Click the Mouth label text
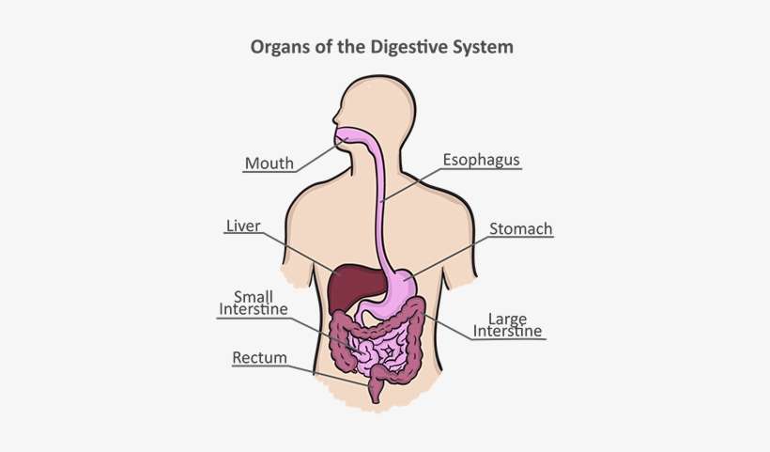[269, 164]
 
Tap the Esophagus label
[481, 161]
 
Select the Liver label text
[242, 226]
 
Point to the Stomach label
[520, 228]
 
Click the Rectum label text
[259, 358]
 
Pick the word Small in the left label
[254, 296]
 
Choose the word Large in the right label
[507, 319]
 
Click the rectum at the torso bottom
[376, 387]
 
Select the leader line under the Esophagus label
[413, 184]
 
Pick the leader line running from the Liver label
[300, 252]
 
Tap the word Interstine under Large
[507, 331]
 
